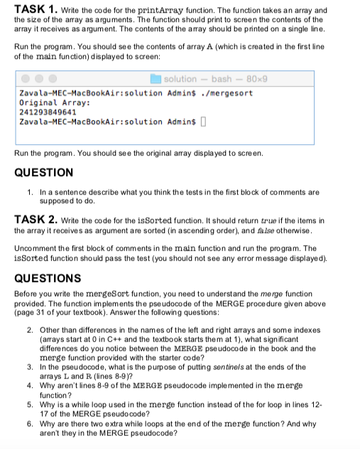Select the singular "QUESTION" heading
pos(43,172)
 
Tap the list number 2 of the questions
pos(29,332)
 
